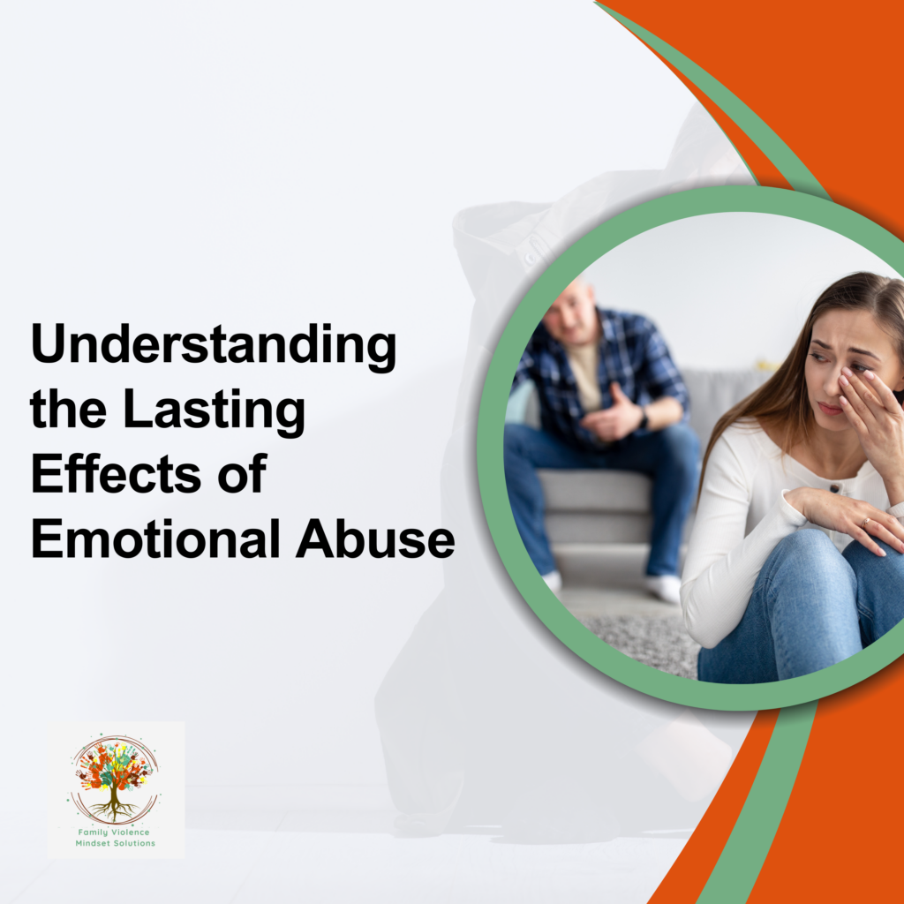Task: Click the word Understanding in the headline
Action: (213, 348)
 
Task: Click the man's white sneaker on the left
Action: (551, 581)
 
